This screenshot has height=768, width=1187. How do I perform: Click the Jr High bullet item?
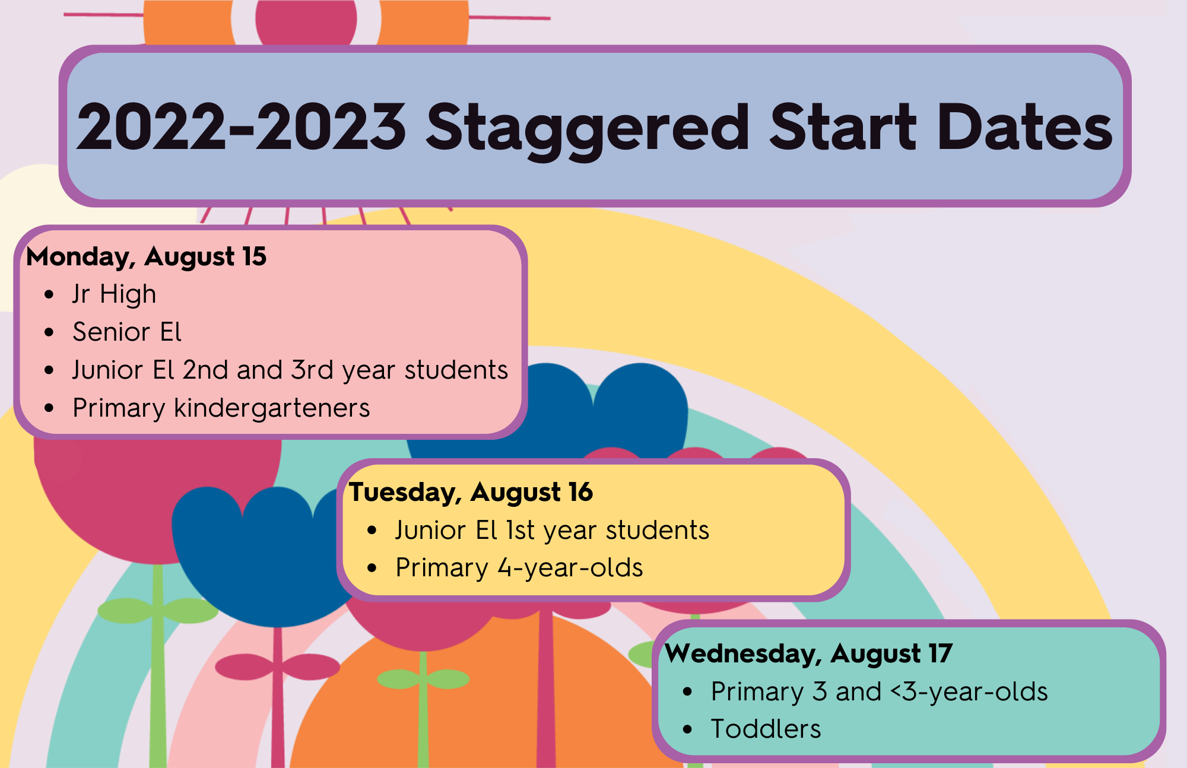click(x=115, y=295)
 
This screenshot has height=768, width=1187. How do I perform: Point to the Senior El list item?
click(x=127, y=332)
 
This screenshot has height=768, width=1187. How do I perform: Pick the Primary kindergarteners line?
click(x=221, y=408)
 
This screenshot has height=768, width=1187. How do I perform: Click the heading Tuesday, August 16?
click(x=471, y=493)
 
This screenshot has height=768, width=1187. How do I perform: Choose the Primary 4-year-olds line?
click(x=519, y=568)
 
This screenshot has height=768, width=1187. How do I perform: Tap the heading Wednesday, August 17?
click(x=809, y=654)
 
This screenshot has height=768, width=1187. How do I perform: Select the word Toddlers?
click(x=766, y=729)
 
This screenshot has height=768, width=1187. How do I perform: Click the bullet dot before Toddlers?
click(x=688, y=729)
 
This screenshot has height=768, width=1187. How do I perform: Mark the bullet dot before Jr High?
click(x=49, y=295)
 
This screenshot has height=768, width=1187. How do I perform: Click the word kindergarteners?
click(x=272, y=408)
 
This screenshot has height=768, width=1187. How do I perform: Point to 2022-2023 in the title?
click(x=242, y=126)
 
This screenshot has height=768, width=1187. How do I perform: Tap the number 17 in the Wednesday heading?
click(x=941, y=653)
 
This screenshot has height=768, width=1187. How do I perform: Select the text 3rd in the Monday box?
click(x=312, y=370)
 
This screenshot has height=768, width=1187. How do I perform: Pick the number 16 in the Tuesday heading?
click(x=580, y=492)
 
